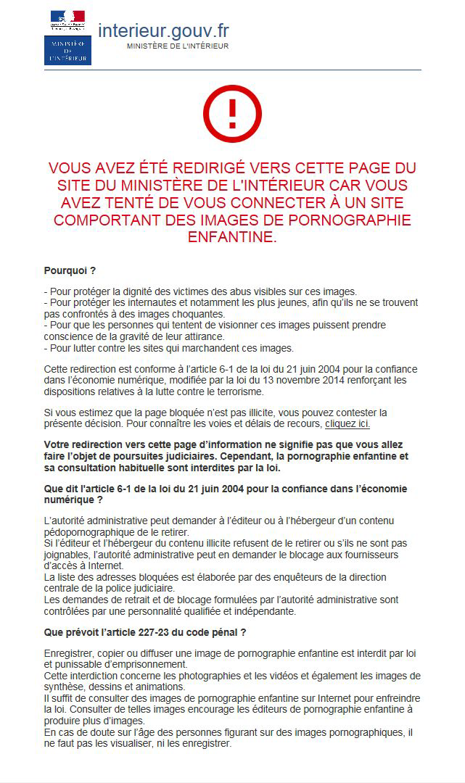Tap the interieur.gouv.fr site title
(x=163, y=30)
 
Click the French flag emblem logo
(x=67, y=20)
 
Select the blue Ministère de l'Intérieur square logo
(x=67, y=50)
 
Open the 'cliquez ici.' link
(x=353, y=423)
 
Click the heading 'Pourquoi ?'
(x=70, y=271)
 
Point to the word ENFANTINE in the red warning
(x=232, y=237)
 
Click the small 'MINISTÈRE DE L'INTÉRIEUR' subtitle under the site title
(x=178, y=46)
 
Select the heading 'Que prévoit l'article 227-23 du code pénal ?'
(x=145, y=632)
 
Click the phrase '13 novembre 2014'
(x=263, y=380)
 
